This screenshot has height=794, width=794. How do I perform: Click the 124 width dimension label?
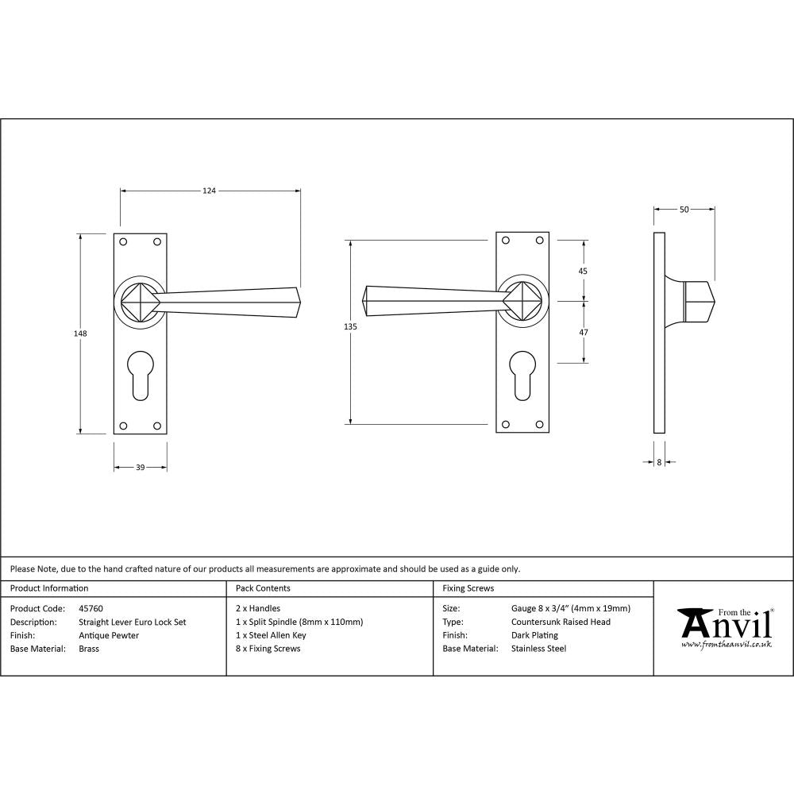click(x=209, y=191)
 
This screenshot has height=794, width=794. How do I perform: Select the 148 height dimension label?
click(x=79, y=333)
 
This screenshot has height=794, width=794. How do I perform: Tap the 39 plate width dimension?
click(x=140, y=468)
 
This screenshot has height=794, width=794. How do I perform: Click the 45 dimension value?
click(x=583, y=271)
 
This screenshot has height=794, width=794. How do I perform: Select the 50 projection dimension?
click(x=684, y=210)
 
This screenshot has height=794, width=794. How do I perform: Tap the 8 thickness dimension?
click(x=659, y=461)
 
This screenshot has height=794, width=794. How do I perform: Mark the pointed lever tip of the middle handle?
click(x=365, y=299)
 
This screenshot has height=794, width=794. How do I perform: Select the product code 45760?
click(x=91, y=609)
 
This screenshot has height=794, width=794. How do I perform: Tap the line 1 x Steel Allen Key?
click(x=271, y=635)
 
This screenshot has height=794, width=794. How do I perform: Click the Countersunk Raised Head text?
click(x=561, y=622)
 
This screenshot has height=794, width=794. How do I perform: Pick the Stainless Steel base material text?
click(x=538, y=649)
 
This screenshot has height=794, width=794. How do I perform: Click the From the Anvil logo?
click(x=724, y=628)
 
